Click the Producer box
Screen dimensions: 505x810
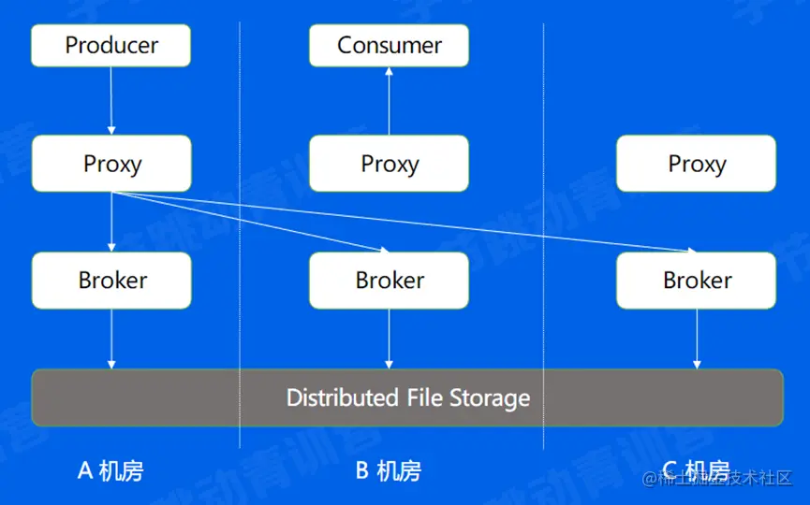pos(110,46)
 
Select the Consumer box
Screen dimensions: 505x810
pos(389,46)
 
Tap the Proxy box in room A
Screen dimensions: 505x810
pos(111,164)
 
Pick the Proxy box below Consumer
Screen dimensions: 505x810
pos(389,164)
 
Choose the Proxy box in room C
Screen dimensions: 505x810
pos(696,164)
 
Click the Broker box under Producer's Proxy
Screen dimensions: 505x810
pos(111,280)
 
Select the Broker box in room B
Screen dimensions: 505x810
pos(389,280)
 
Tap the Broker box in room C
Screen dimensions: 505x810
pos(696,280)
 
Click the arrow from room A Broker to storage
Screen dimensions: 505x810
pos(111,338)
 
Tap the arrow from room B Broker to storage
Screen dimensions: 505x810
pos(389,338)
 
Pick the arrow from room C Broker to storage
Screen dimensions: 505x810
pos(696,338)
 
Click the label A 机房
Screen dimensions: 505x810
pos(110,470)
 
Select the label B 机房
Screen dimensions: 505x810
pos(388,470)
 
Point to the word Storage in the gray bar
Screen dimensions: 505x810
pos(490,398)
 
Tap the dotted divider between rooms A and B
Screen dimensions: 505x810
pos(240,234)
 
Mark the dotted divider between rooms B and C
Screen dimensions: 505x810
pos(543,234)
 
